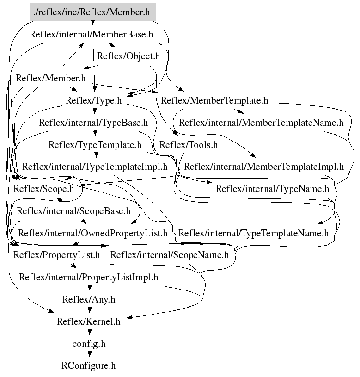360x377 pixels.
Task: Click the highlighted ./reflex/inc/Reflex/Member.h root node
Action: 92,12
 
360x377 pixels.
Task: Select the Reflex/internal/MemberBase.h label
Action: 91,34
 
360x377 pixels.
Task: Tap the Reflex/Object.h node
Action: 128,56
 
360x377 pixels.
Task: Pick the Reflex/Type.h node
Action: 93,100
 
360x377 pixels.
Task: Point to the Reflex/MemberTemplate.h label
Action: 214,100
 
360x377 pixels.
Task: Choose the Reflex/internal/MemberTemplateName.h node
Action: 261,123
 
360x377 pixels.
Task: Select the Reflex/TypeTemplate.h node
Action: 95,145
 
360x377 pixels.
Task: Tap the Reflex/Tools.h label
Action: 188,145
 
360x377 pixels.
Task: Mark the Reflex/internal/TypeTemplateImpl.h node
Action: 95,167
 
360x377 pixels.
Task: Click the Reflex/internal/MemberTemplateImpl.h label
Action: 264,167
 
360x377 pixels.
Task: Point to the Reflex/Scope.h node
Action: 43,189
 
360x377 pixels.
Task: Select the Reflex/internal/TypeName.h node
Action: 272,189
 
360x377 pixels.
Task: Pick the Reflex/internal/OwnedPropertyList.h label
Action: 92,233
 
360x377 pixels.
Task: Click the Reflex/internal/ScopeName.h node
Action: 170,255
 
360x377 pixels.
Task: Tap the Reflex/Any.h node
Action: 89,299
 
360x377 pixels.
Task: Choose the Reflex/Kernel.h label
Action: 88,321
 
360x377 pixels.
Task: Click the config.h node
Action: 89,344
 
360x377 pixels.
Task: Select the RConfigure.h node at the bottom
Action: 88,366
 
